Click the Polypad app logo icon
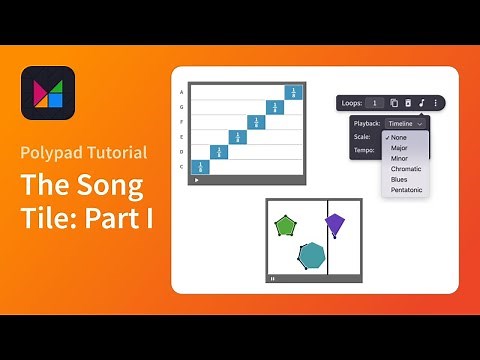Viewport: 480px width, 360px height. coord(48,93)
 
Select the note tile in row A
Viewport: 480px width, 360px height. coord(293,92)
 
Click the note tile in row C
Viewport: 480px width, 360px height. coord(199,167)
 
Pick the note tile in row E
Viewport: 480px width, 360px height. coord(237,137)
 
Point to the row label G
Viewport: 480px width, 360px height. coord(181,107)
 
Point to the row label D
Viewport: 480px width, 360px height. coord(181,152)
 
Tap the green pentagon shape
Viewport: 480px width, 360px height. coord(286,226)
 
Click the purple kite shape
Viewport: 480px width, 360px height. coord(335,224)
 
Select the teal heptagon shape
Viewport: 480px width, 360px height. coord(312,256)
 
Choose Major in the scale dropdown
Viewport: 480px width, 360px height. coord(400,148)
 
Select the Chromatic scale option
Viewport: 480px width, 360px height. coord(406,169)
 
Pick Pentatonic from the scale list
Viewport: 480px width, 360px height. coord(407,190)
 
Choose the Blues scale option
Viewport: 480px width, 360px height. coord(400,180)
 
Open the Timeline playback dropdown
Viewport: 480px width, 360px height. coord(406,123)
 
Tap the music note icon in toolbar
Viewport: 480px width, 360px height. coord(421,102)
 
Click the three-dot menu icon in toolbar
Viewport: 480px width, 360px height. coord(435,102)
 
